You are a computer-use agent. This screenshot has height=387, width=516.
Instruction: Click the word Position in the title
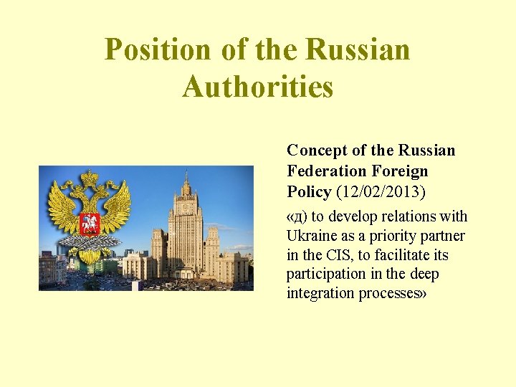tap(158, 50)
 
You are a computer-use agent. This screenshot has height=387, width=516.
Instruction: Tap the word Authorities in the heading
tap(258, 87)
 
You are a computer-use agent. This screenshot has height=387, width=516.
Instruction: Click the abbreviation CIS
tap(333, 255)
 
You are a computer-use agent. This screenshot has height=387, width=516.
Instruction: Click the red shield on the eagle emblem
tap(90, 223)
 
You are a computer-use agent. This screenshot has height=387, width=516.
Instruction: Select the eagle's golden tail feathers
tap(90, 255)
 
